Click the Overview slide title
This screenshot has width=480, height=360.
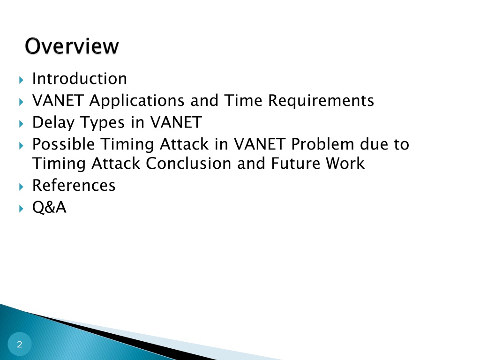[72, 46]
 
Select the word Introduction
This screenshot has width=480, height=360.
[80, 78]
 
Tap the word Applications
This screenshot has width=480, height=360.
[137, 101]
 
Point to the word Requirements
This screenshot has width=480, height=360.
[321, 101]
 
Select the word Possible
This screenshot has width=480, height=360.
[63, 144]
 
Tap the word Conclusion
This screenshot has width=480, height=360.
[188, 164]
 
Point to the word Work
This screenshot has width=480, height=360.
[345, 164]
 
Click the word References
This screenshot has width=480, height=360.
[74, 185]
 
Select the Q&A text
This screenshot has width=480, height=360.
[49, 207]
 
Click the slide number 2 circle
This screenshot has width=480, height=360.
[20, 344]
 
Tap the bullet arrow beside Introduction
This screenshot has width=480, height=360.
[21, 80]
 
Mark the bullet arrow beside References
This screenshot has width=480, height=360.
[21, 187]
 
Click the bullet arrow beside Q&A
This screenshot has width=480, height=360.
[21, 209]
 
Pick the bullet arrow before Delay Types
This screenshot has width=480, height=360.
[21, 124]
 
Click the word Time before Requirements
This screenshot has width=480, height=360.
[243, 100]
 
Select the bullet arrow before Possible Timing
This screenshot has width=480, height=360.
[21, 146]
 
